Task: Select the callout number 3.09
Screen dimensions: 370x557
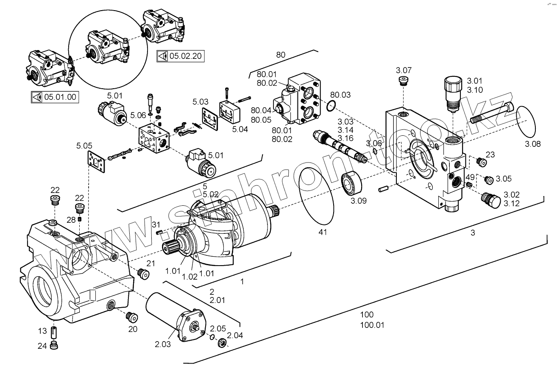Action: [x=359, y=201]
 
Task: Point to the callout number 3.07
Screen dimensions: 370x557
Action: [x=404, y=70]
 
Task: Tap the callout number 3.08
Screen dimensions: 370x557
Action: [x=533, y=144]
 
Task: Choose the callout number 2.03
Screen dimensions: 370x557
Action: [x=163, y=344]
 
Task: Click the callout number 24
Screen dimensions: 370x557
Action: [x=42, y=345]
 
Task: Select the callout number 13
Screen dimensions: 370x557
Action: [x=42, y=331]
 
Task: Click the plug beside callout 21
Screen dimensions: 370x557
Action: [x=144, y=274]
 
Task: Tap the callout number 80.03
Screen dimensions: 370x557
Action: [x=340, y=95]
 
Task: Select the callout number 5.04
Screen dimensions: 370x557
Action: [x=240, y=129]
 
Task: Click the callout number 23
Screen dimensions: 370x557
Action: [x=490, y=154]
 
